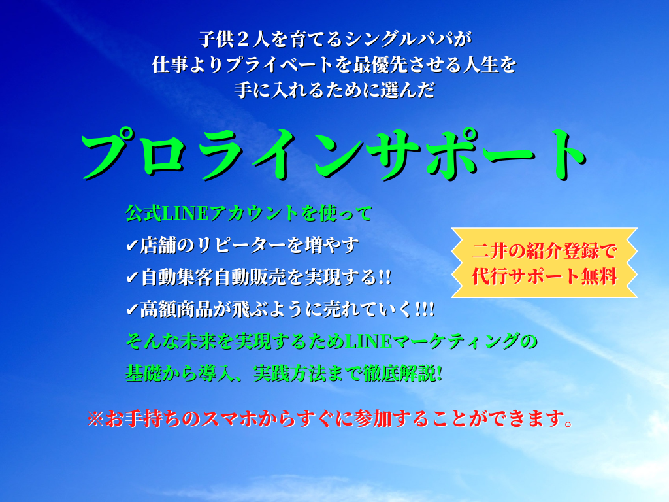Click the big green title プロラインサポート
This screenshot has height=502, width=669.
[334, 154]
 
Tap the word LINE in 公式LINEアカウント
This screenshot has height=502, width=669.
[186, 213]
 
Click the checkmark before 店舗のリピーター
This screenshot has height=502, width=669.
[132, 246]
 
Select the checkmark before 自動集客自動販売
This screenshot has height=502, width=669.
[132, 278]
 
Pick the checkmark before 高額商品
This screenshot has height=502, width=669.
[132, 309]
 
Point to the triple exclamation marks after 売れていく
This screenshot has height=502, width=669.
[424, 309]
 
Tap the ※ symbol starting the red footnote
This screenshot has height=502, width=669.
[95, 419]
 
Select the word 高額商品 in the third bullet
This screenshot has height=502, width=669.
[176, 309]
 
